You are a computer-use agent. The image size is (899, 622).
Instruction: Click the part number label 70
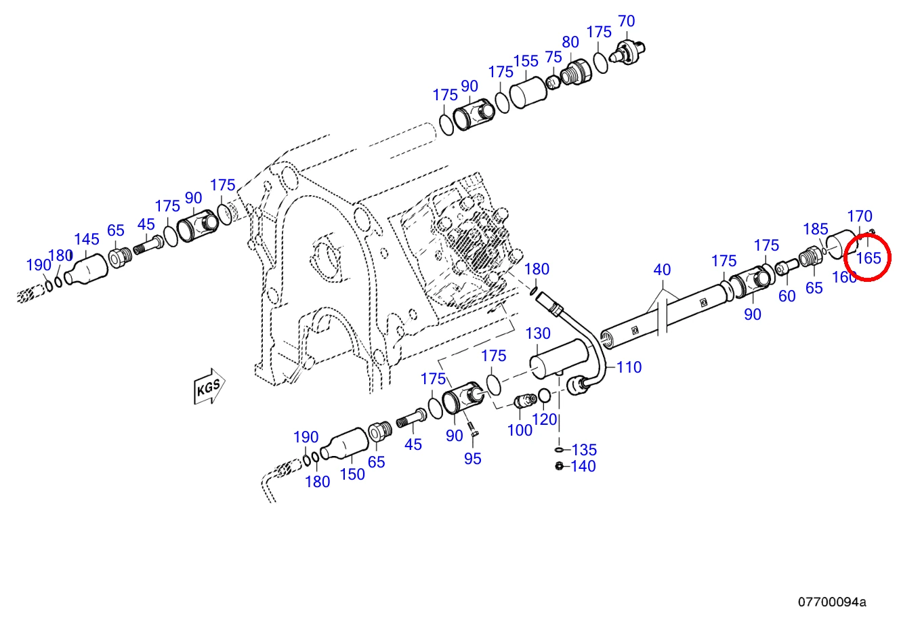coord(627,21)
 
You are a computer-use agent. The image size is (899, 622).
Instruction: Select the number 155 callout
coord(526,62)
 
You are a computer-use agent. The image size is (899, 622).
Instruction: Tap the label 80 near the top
coord(570,42)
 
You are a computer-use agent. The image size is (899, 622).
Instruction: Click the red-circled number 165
coord(869,258)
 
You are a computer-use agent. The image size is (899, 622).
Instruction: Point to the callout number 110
coord(629,367)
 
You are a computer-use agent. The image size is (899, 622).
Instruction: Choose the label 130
coord(538,333)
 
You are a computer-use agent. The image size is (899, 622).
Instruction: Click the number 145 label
coord(87,240)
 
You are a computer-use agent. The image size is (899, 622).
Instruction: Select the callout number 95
coord(472,459)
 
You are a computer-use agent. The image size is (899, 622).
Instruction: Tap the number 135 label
coord(584,450)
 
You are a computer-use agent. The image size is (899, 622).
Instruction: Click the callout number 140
coord(583,466)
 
